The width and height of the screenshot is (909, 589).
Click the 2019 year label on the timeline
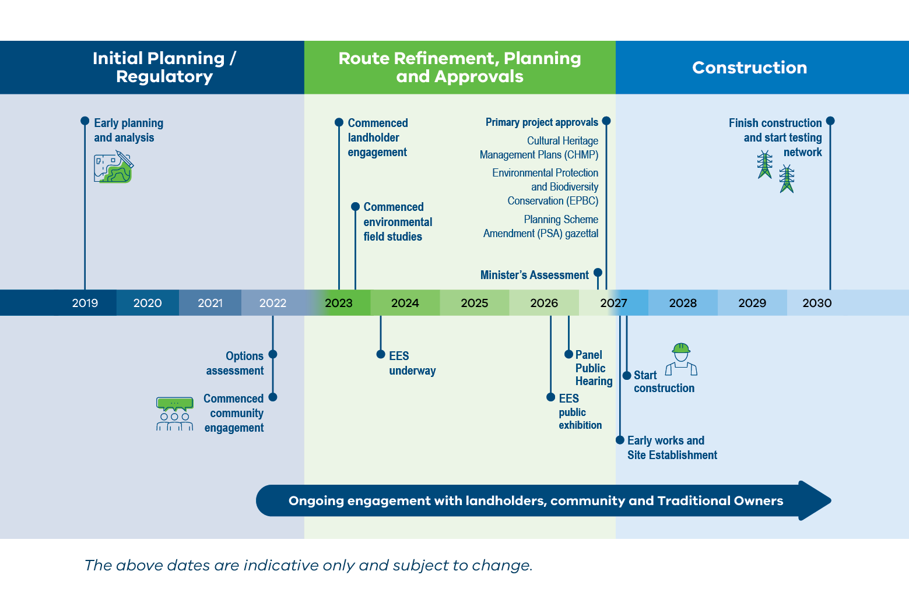[x=85, y=303]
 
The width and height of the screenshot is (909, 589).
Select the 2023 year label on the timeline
[x=339, y=303]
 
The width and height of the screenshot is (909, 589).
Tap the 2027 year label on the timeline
[x=613, y=303]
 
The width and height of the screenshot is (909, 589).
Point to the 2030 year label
[x=817, y=303]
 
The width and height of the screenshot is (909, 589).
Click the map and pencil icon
[x=114, y=167]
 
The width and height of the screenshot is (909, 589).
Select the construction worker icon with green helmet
[x=681, y=359]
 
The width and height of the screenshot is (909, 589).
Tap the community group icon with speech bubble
[x=174, y=414]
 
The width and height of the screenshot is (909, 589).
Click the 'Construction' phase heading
[x=749, y=68]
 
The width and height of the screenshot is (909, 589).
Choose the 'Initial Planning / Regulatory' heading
[x=164, y=68]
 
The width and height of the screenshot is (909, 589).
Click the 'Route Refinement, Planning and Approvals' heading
[x=459, y=68]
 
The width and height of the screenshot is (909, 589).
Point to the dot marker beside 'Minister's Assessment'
[x=598, y=273]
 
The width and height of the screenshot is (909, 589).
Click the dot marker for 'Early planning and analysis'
[x=85, y=121]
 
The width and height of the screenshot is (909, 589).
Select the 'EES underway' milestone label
[x=412, y=363]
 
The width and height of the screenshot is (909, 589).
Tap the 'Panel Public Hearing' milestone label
[x=594, y=368]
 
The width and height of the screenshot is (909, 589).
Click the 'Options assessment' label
[x=235, y=363]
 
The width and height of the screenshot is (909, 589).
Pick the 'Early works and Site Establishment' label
[x=672, y=447]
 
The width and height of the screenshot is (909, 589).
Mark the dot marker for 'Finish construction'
[x=830, y=121]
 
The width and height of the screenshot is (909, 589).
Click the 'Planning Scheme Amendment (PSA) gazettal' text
[x=541, y=226]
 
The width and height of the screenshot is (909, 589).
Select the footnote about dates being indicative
[x=308, y=565]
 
